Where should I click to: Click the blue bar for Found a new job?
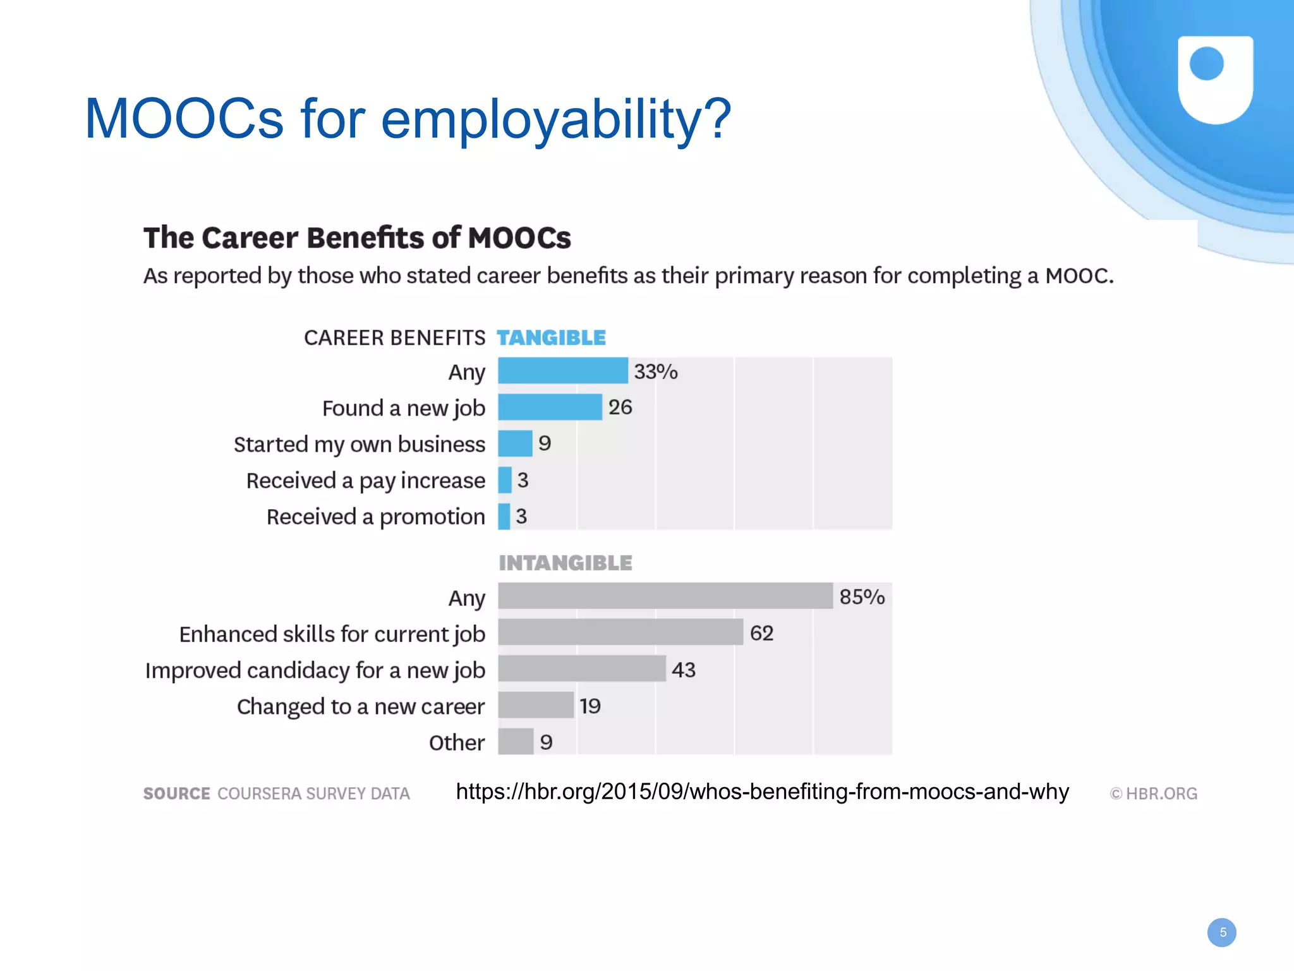[550, 407]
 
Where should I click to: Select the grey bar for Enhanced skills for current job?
[620, 632]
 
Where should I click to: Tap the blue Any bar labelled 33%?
[563, 370]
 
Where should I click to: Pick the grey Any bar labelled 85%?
[665, 596]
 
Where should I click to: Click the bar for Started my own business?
[515, 443]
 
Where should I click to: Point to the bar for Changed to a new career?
[536, 705]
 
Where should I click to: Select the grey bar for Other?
[516, 741]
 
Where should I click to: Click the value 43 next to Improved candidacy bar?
[684, 670]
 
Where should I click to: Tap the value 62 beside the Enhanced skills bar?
[761, 633]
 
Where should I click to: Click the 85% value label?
[862, 597]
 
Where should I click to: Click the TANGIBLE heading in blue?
[551, 338]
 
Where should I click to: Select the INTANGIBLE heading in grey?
[565, 563]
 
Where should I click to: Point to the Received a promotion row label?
[375, 517]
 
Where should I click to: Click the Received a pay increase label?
[366, 481]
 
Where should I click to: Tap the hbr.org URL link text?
[762, 792]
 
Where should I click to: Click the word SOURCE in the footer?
[177, 793]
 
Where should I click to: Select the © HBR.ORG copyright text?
[1153, 793]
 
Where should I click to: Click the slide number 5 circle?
[1222, 932]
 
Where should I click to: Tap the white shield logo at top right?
[1215, 79]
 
